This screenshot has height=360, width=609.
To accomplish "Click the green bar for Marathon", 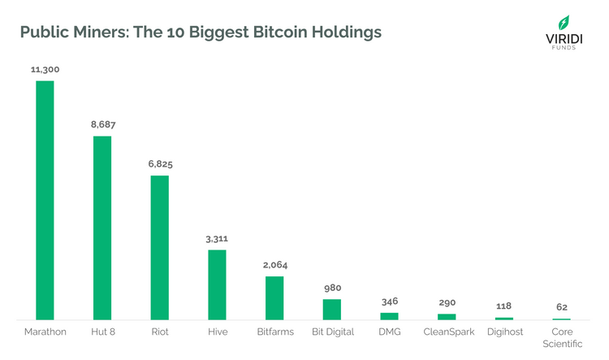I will tap(45, 200).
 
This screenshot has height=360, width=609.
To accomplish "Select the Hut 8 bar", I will tap(102, 228).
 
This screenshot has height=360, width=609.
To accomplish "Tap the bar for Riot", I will tap(160, 247).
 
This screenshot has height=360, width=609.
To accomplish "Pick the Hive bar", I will tap(218, 284).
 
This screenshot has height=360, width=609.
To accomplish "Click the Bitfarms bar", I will tap(274, 297).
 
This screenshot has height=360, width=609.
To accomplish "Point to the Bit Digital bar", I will tap(332, 310).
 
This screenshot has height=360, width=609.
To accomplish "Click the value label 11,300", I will tap(45, 70).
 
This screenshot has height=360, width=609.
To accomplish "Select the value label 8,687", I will tap(102, 125).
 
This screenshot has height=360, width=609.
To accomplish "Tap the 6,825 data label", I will tap(160, 164).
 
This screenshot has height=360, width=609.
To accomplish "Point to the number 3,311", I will tap(218, 239).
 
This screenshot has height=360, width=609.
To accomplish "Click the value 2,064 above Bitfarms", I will tap(274, 265).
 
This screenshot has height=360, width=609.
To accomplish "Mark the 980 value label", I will tap(332, 288).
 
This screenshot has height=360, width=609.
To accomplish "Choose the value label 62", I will tap(562, 307).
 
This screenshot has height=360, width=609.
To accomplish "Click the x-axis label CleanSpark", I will tap(447, 332).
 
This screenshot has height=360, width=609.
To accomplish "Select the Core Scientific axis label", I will tap(562, 338).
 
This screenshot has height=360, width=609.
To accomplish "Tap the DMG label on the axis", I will tap(390, 332).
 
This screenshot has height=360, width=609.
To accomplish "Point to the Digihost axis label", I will tap(504, 332).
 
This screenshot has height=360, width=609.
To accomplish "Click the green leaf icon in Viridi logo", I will tap(563, 22).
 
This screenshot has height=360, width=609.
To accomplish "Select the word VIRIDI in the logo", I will tap(563, 37).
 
